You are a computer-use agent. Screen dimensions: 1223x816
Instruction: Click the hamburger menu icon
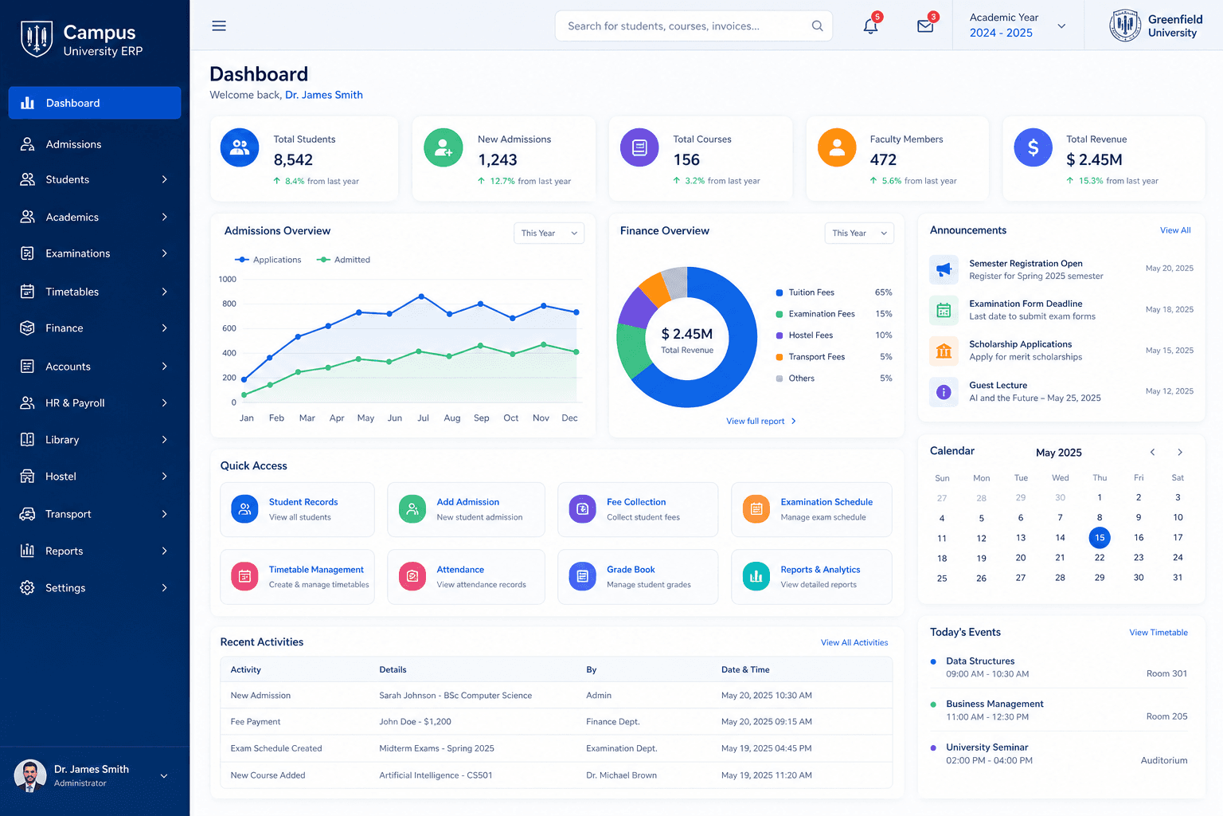pyautogui.click(x=219, y=25)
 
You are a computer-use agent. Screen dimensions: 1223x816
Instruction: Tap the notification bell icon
pyautogui.click(x=870, y=26)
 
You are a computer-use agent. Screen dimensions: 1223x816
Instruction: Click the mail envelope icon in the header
pyautogui.click(x=925, y=26)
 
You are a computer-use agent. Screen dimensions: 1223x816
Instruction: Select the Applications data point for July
pyautogui.click(x=421, y=296)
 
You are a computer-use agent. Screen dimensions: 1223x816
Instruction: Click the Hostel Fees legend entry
pyautogui.click(x=811, y=335)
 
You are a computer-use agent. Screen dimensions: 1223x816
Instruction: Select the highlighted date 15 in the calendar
pyautogui.click(x=1099, y=538)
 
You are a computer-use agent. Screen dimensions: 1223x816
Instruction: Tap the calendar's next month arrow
pyautogui.click(x=1180, y=452)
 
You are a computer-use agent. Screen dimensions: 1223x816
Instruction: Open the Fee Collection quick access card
pyautogui.click(x=638, y=509)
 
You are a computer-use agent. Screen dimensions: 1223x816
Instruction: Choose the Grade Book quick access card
pyautogui.click(x=638, y=577)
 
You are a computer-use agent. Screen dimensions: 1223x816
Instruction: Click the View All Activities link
pyautogui.click(x=854, y=642)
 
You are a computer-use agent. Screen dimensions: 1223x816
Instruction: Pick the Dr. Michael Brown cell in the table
pyautogui.click(x=621, y=775)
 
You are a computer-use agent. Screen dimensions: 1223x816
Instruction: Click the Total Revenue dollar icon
pyautogui.click(x=1033, y=147)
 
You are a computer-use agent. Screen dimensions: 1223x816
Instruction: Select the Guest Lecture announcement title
pyautogui.click(x=998, y=385)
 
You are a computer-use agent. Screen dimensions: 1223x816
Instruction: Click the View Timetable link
pyautogui.click(x=1158, y=633)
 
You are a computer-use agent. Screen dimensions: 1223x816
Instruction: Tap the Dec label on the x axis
pyautogui.click(x=569, y=418)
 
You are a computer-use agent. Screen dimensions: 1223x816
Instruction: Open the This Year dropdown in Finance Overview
pyautogui.click(x=859, y=233)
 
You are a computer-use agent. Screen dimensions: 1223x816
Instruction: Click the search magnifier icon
pyautogui.click(x=817, y=25)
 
